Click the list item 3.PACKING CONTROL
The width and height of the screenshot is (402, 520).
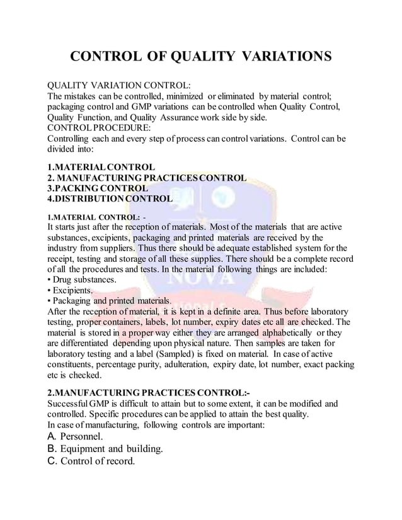point(98,188)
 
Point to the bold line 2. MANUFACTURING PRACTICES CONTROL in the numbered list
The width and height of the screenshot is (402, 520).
point(147,178)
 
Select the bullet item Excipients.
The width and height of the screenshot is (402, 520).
point(71,290)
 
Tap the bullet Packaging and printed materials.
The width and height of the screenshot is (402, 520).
point(106,301)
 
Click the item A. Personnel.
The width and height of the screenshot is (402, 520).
point(76,436)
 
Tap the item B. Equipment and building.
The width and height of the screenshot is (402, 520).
point(105,449)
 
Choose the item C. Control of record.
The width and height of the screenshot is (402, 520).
point(91,462)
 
